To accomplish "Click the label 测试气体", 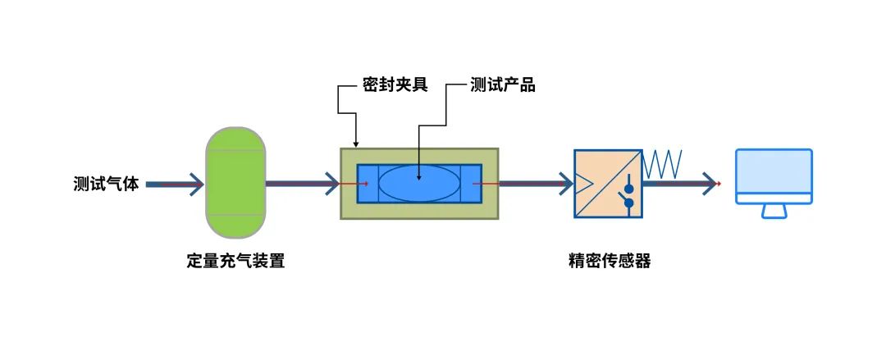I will coord(106,185).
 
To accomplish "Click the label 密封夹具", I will coord(395,85).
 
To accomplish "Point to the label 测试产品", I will coord(503,85).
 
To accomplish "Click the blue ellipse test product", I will coord(418,183).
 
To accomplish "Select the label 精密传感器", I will coord(610,262).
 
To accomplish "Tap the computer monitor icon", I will coord(773,176).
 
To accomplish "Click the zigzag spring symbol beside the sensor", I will coord(663,164).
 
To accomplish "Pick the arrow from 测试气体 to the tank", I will coord(176,185).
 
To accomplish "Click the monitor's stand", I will coord(774,212).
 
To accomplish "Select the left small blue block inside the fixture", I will coord(368,183).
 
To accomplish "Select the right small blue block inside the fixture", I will coord(471,183).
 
